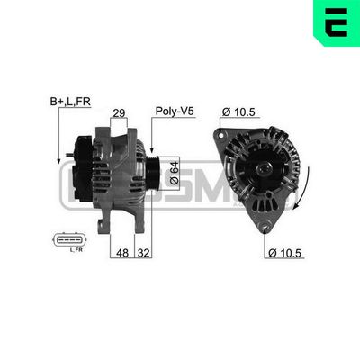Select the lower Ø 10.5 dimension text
(x=287, y=253)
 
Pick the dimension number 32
(x=142, y=253)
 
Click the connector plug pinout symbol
(x=68, y=240)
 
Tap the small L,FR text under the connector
(x=76, y=251)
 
